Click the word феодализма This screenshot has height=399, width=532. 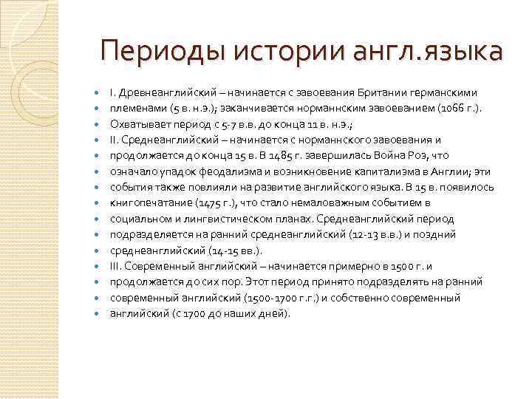pyautogui.click(x=212, y=171)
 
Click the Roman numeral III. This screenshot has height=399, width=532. pyautogui.click(x=116, y=266)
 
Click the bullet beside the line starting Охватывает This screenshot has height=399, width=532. pyautogui.click(x=98, y=124)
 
